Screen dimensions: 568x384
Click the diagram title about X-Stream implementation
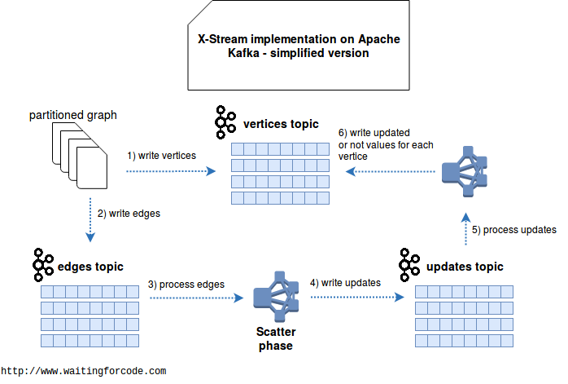coord(299,46)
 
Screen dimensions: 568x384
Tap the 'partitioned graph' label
coord(72,115)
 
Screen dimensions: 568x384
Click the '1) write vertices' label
coord(161,156)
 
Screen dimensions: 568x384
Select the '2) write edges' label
coord(129,214)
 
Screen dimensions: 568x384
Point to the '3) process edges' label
coord(186,285)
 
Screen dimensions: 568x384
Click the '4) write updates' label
coord(345,283)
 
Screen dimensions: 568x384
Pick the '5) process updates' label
coord(514,230)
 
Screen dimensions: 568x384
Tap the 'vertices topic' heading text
coord(281,124)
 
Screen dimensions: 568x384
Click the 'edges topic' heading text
coord(90,267)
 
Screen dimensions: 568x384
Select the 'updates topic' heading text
coord(465,267)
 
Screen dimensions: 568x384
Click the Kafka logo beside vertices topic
coord(225,122)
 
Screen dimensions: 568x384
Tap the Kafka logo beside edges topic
coord(43,265)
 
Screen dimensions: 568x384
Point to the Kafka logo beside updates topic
coord(409,265)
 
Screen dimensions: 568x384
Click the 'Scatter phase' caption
coord(276,338)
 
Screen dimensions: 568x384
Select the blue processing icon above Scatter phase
coord(276,297)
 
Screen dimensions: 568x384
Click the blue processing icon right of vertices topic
coord(465,172)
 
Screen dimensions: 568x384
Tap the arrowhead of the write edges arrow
coord(90,237)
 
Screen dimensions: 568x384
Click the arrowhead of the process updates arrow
coord(465,218)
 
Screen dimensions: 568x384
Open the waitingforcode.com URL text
coord(83,371)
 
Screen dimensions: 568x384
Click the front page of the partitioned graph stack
coord(92,168)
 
